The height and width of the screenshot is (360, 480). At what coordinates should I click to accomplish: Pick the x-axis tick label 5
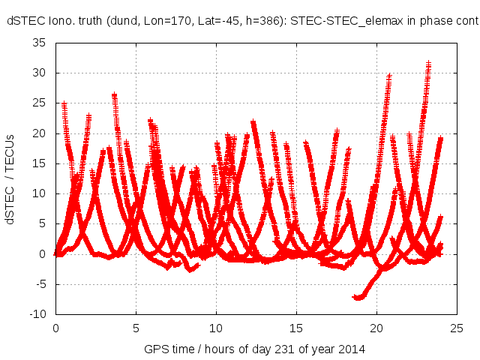coord(136,328)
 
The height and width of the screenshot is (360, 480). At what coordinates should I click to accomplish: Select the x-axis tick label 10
coord(216,328)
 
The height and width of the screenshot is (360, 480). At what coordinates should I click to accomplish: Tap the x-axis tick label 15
coord(296,328)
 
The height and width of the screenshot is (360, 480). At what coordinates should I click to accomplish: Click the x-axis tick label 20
coord(376,328)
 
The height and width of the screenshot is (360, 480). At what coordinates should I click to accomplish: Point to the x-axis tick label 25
coord(457,328)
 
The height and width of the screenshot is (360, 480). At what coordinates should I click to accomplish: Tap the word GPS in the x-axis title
coord(154,349)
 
